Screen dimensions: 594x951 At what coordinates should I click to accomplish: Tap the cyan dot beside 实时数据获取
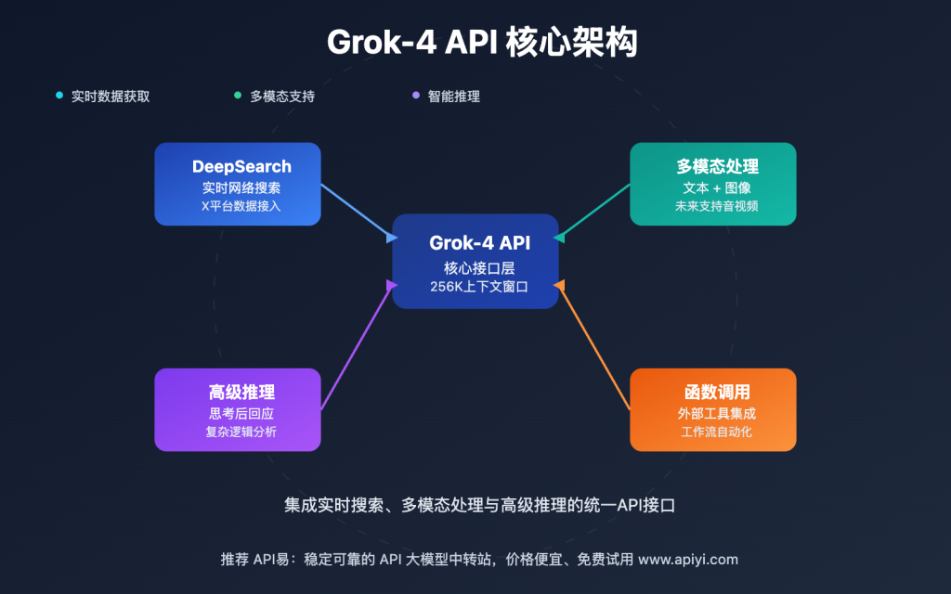tap(59, 95)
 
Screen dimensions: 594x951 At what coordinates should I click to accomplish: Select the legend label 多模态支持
tap(281, 96)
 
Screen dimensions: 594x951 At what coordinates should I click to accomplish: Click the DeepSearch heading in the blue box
tap(241, 167)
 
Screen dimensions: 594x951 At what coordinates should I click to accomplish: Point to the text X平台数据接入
tap(241, 206)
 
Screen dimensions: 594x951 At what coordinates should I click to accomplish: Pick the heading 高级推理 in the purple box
tap(241, 392)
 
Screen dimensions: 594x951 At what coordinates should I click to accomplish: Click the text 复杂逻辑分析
tap(241, 432)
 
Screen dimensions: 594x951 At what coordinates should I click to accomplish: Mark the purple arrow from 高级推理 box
tap(358, 344)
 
